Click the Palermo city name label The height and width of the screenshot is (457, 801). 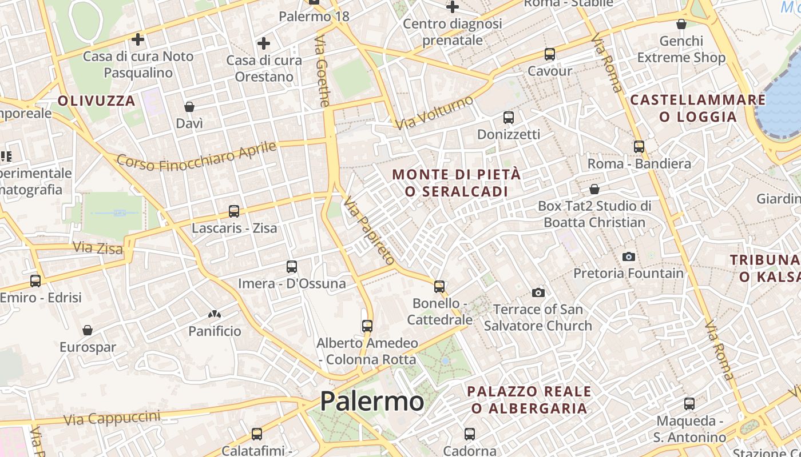click(372, 401)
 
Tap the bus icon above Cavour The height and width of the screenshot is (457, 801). click(550, 54)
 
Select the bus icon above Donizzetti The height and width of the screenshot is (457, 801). click(509, 118)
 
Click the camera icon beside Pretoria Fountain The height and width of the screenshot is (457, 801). click(629, 256)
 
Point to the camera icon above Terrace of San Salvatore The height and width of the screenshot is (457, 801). click(538, 292)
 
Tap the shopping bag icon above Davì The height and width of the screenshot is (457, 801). click(189, 107)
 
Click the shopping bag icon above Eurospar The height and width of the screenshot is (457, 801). click(88, 330)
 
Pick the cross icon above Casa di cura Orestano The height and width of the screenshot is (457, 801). click(264, 43)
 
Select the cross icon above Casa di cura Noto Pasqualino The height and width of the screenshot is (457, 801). click(138, 39)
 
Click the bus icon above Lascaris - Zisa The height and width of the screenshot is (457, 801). click(234, 211)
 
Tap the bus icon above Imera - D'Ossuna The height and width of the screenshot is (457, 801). click(292, 267)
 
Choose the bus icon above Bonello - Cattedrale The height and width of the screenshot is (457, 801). click(439, 286)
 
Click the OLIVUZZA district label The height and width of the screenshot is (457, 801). click(97, 101)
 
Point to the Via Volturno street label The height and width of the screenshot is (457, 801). click(435, 113)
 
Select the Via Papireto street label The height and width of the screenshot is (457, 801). click(370, 230)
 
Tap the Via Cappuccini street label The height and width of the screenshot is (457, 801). click(112, 418)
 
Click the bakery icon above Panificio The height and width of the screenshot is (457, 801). click(215, 314)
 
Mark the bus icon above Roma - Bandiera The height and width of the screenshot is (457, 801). click(639, 147)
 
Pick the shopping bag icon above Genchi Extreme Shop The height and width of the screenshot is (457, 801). click(681, 24)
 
